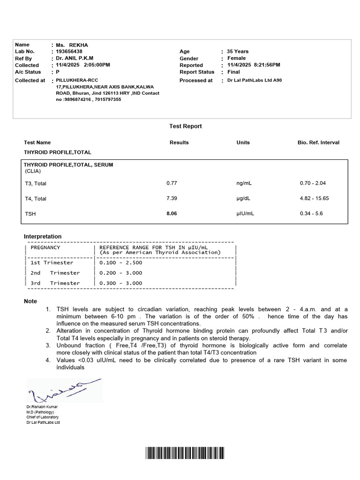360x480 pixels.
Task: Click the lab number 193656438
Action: pyautogui.click(x=69, y=52)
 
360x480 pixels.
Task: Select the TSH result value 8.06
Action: pyautogui.click(x=172, y=213)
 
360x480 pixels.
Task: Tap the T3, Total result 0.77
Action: pyautogui.click(x=172, y=183)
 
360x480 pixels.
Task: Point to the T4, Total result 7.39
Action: pyautogui.click(x=172, y=198)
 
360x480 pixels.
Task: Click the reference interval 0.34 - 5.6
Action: pyautogui.click(x=311, y=213)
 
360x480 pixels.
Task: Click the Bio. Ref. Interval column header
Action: pyautogui.click(x=318, y=142)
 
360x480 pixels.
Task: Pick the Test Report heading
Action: pyautogui.click(x=185, y=126)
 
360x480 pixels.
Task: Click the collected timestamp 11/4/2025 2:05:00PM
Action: pyautogui.click(x=83, y=65)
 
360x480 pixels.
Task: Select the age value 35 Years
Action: pyautogui.click(x=238, y=52)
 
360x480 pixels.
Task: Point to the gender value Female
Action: pyautogui.click(x=236, y=58)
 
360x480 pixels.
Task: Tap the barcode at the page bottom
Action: pyautogui.click(x=185, y=453)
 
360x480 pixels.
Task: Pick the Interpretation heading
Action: pyautogui.click(x=43, y=236)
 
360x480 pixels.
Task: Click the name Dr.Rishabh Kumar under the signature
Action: pyautogui.click(x=42, y=407)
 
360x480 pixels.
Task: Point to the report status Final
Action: pyautogui.click(x=233, y=72)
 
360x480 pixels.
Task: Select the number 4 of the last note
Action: pyautogui.click(x=48, y=360)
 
